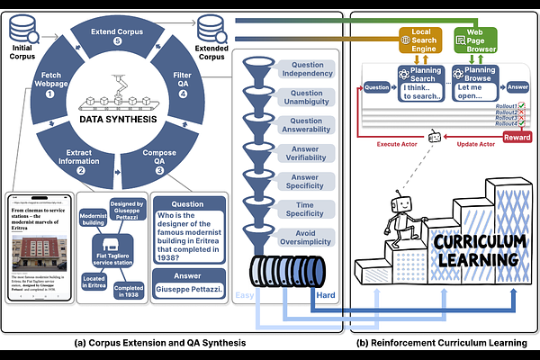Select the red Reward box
[x=517, y=137]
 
